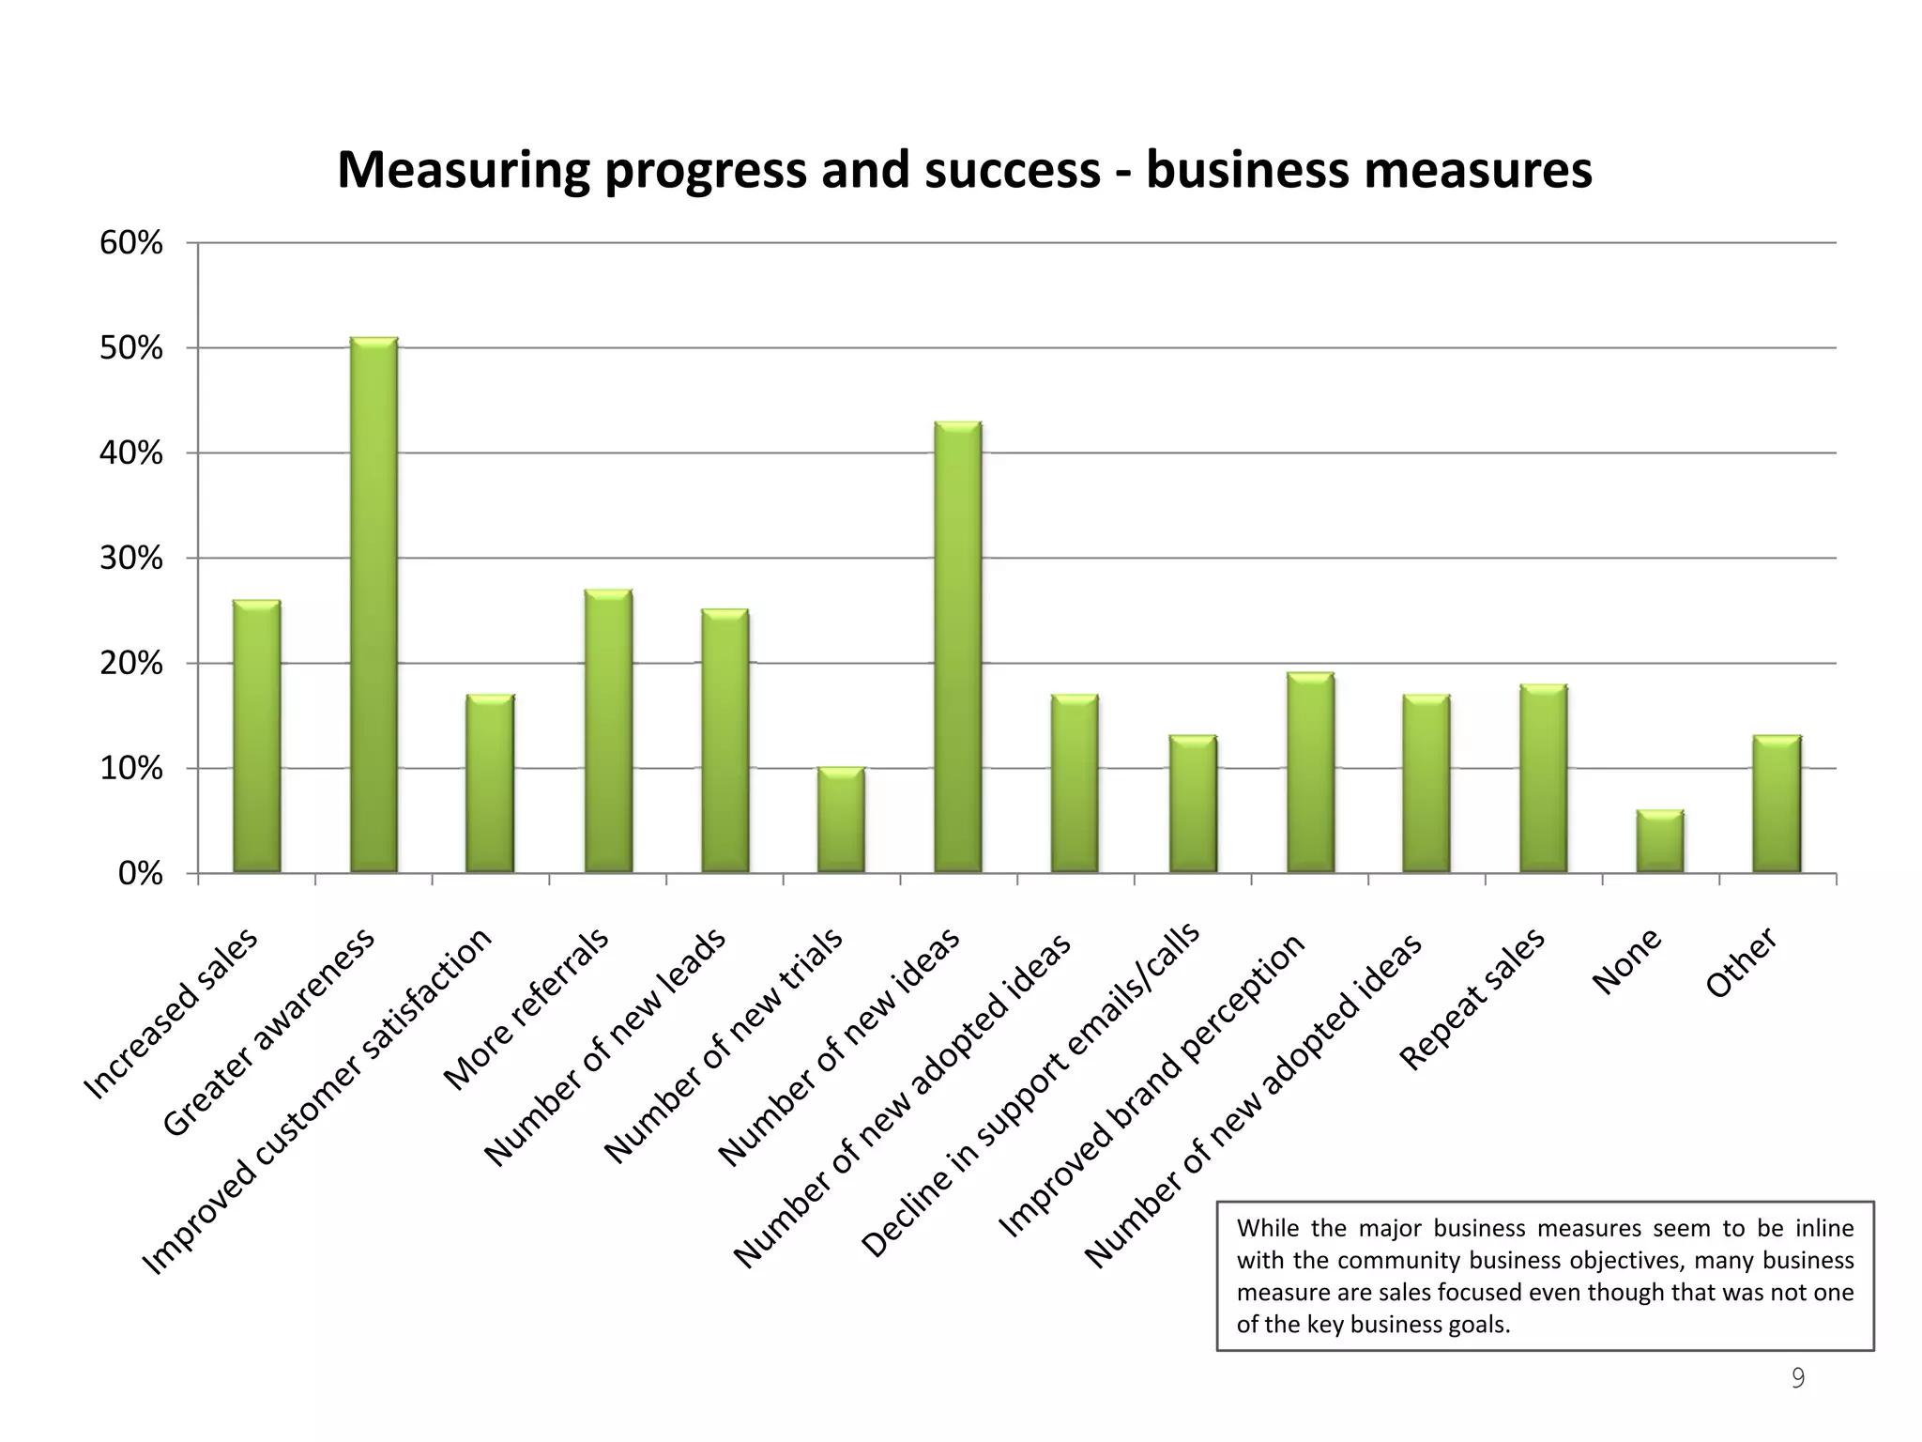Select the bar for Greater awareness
point(374,606)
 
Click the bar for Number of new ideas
point(958,648)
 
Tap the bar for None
point(1660,842)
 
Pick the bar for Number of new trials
point(841,821)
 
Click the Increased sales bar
point(256,737)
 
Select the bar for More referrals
point(608,731)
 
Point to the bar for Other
point(1777,805)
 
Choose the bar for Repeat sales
point(1544,779)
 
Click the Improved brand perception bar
point(1310,773)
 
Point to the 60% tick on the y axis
point(131,244)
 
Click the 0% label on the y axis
point(141,875)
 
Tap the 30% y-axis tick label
point(131,560)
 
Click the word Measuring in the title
point(464,171)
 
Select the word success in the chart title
point(1012,171)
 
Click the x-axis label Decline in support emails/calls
point(1030,1091)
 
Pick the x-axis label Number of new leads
point(605,1048)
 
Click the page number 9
point(1797,1378)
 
